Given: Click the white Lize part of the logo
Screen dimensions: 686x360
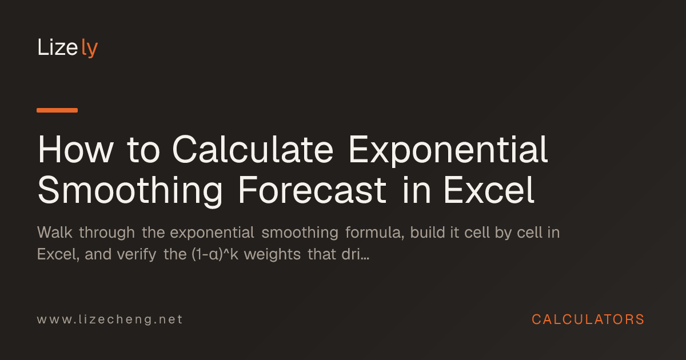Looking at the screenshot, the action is pyautogui.click(x=58, y=47).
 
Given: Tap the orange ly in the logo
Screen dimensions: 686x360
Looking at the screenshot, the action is pyautogui.click(x=89, y=48).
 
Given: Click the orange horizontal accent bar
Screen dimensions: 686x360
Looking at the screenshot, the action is pyautogui.click(x=57, y=110).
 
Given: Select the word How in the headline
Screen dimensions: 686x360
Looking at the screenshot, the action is pyautogui.click(x=75, y=150).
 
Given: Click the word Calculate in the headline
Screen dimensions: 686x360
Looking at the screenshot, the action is pyautogui.click(x=253, y=150).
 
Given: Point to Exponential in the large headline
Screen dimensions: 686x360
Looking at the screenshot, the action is pyautogui.click(x=448, y=151).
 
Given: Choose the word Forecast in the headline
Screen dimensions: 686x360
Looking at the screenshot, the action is pyautogui.click(x=312, y=190).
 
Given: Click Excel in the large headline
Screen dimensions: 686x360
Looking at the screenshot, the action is pyautogui.click(x=489, y=190).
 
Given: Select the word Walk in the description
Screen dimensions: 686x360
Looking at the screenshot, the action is pyautogui.click(x=55, y=233).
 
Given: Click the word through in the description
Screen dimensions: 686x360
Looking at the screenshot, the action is pyautogui.click(x=107, y=233).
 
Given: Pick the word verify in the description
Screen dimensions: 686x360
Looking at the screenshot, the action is pyautogui.click(x=137, y=255).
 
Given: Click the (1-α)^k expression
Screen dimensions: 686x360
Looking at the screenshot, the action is pyautogui.click(x=215, y=255).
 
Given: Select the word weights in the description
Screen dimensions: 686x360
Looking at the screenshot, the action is pyautogui.click(x=272, y=255).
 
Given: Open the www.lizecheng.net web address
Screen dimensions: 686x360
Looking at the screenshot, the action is pyautogui.click(x=110, y=319).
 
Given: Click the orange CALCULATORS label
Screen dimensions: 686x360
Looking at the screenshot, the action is pyautogui.click(x=588, y=319).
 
